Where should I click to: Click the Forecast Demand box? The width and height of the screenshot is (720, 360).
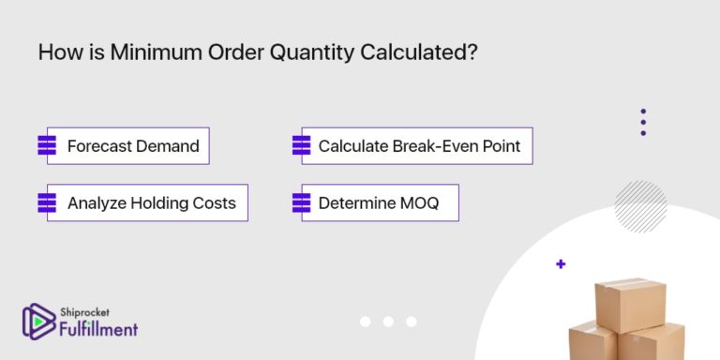click(128, 146)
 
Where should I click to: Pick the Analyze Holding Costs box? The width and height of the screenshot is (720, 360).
click(147, 202)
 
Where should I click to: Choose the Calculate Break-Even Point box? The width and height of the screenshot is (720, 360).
click(416, 146)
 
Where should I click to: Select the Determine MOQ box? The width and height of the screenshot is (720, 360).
click(380, 202)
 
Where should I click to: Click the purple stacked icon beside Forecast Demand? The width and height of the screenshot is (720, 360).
click(47, 146)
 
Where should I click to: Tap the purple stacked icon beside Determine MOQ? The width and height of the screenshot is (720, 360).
click(301, 202)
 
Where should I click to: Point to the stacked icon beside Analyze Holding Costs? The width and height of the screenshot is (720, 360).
click(47, 202)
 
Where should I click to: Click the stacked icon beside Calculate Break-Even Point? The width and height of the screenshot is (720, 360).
click(301, 146)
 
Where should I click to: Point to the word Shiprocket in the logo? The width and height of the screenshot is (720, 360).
click(86, 313)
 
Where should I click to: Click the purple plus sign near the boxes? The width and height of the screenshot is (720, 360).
click(561, 264)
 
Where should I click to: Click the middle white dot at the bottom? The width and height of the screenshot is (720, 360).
click(388, 322)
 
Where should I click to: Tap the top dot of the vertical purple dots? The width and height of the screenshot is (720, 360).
click(643, 112)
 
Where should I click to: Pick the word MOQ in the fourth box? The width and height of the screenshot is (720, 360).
click(418, 202)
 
